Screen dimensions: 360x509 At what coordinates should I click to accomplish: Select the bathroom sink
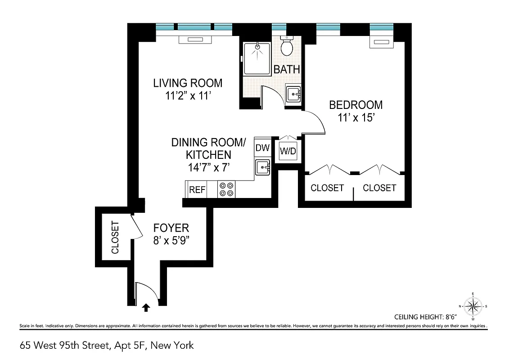click(x=293, y=95)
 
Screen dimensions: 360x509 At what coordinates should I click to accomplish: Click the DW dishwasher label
click(x=262, y=148)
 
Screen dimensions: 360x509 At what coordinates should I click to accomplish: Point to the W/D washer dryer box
click(x=288, y=152)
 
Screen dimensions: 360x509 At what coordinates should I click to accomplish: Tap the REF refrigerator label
click(x=197, y=190)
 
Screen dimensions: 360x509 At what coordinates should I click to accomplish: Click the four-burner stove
click(x=226, y=189)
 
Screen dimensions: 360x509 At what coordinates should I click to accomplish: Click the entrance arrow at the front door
click(x=146, y=307)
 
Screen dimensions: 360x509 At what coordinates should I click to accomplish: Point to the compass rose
click(x=473, y=307)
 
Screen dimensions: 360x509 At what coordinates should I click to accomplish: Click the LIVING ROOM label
click(x=188, y=83)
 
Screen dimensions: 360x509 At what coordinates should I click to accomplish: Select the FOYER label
click(x=171, y=228)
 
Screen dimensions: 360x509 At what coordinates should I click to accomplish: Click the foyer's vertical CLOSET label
click(x=115, y=237)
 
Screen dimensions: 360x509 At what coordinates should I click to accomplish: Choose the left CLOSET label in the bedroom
click(x=327, y=188)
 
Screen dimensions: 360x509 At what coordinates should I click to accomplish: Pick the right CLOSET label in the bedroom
click(x=379, y=188)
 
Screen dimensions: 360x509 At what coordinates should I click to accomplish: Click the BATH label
click(x=286, y=70)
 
